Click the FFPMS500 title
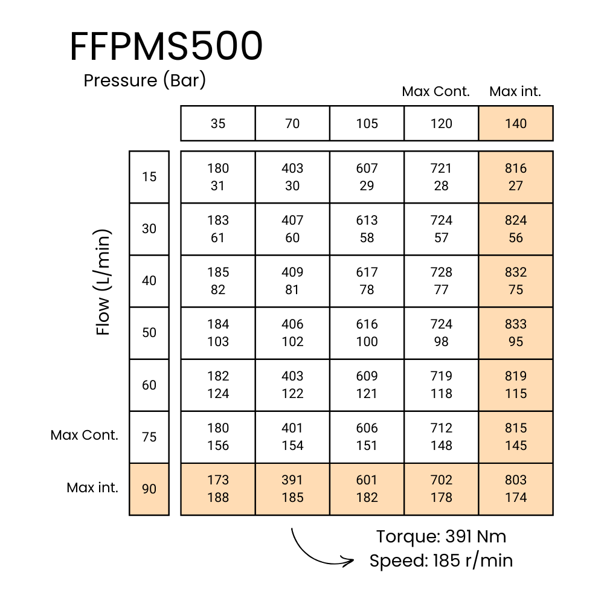(166, 47)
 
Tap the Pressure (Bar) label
(145, 80)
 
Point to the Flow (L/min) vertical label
(104, 282)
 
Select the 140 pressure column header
(516, 124)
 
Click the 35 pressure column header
(218, 124)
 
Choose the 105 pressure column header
(367, 124)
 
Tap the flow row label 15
(149, 177)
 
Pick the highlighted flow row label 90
(149, 489)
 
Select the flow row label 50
(149, 333)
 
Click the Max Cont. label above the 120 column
(436, 92)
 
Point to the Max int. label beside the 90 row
(92, 487)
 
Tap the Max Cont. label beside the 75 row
(85, 435)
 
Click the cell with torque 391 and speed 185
(292, 489)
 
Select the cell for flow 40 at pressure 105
(367, 281)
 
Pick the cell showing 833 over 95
(516, 333)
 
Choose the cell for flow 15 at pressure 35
(218, 177)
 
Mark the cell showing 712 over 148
(442, 437)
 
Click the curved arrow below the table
(317, 550)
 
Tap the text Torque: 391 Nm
(441, 536)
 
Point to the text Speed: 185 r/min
(441, 561)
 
